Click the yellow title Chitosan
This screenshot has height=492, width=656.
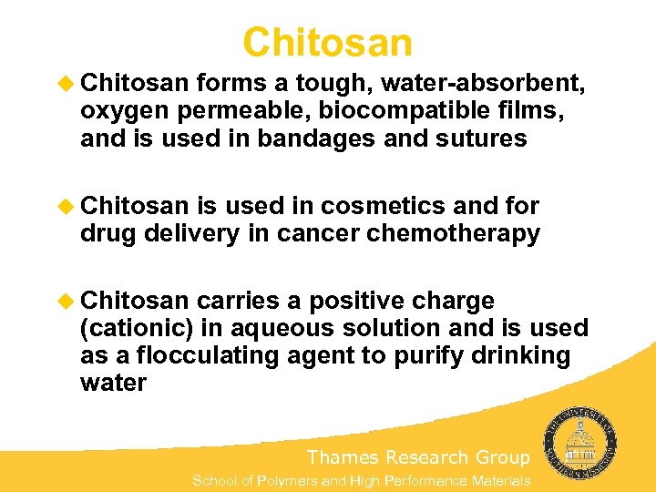(x=328, y=42)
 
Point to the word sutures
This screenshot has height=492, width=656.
(x=477, y=138)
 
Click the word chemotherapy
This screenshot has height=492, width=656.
(x=454, y=233)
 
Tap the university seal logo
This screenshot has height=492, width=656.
(x=580, y=447)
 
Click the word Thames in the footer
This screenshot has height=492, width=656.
(x=343, y=456)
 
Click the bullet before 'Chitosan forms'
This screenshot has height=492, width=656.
(x=67, y=85)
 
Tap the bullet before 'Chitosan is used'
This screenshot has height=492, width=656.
(x=67, y=207)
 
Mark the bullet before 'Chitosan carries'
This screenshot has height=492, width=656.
(x=67, y=301)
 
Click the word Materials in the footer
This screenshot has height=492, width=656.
(x=499, y=480)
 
